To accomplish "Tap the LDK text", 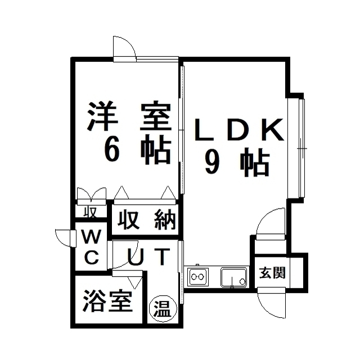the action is [238, 129].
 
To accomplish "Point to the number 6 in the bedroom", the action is [112, 151].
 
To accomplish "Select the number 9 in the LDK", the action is [213, 163].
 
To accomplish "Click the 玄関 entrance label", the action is [272, 273].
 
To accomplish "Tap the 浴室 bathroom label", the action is [107, 301].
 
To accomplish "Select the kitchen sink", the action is [234, 277].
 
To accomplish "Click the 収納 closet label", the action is [146, 220].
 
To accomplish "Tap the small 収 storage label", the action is [90, 211].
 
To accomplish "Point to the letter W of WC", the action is [91, 236].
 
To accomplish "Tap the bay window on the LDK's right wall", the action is [296, 148].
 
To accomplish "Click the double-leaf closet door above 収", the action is [92, 196].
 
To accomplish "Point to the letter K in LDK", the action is [273, 129].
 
